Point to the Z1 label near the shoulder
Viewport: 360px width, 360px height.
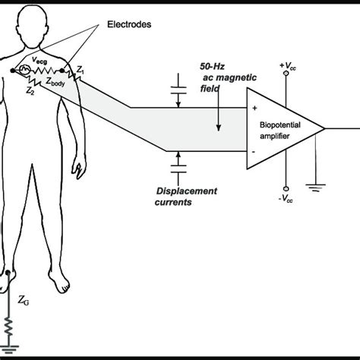pyautogui.click(x=82, y=71)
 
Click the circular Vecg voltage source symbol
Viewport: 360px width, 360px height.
pyautogui.click(x=24, y=71)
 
